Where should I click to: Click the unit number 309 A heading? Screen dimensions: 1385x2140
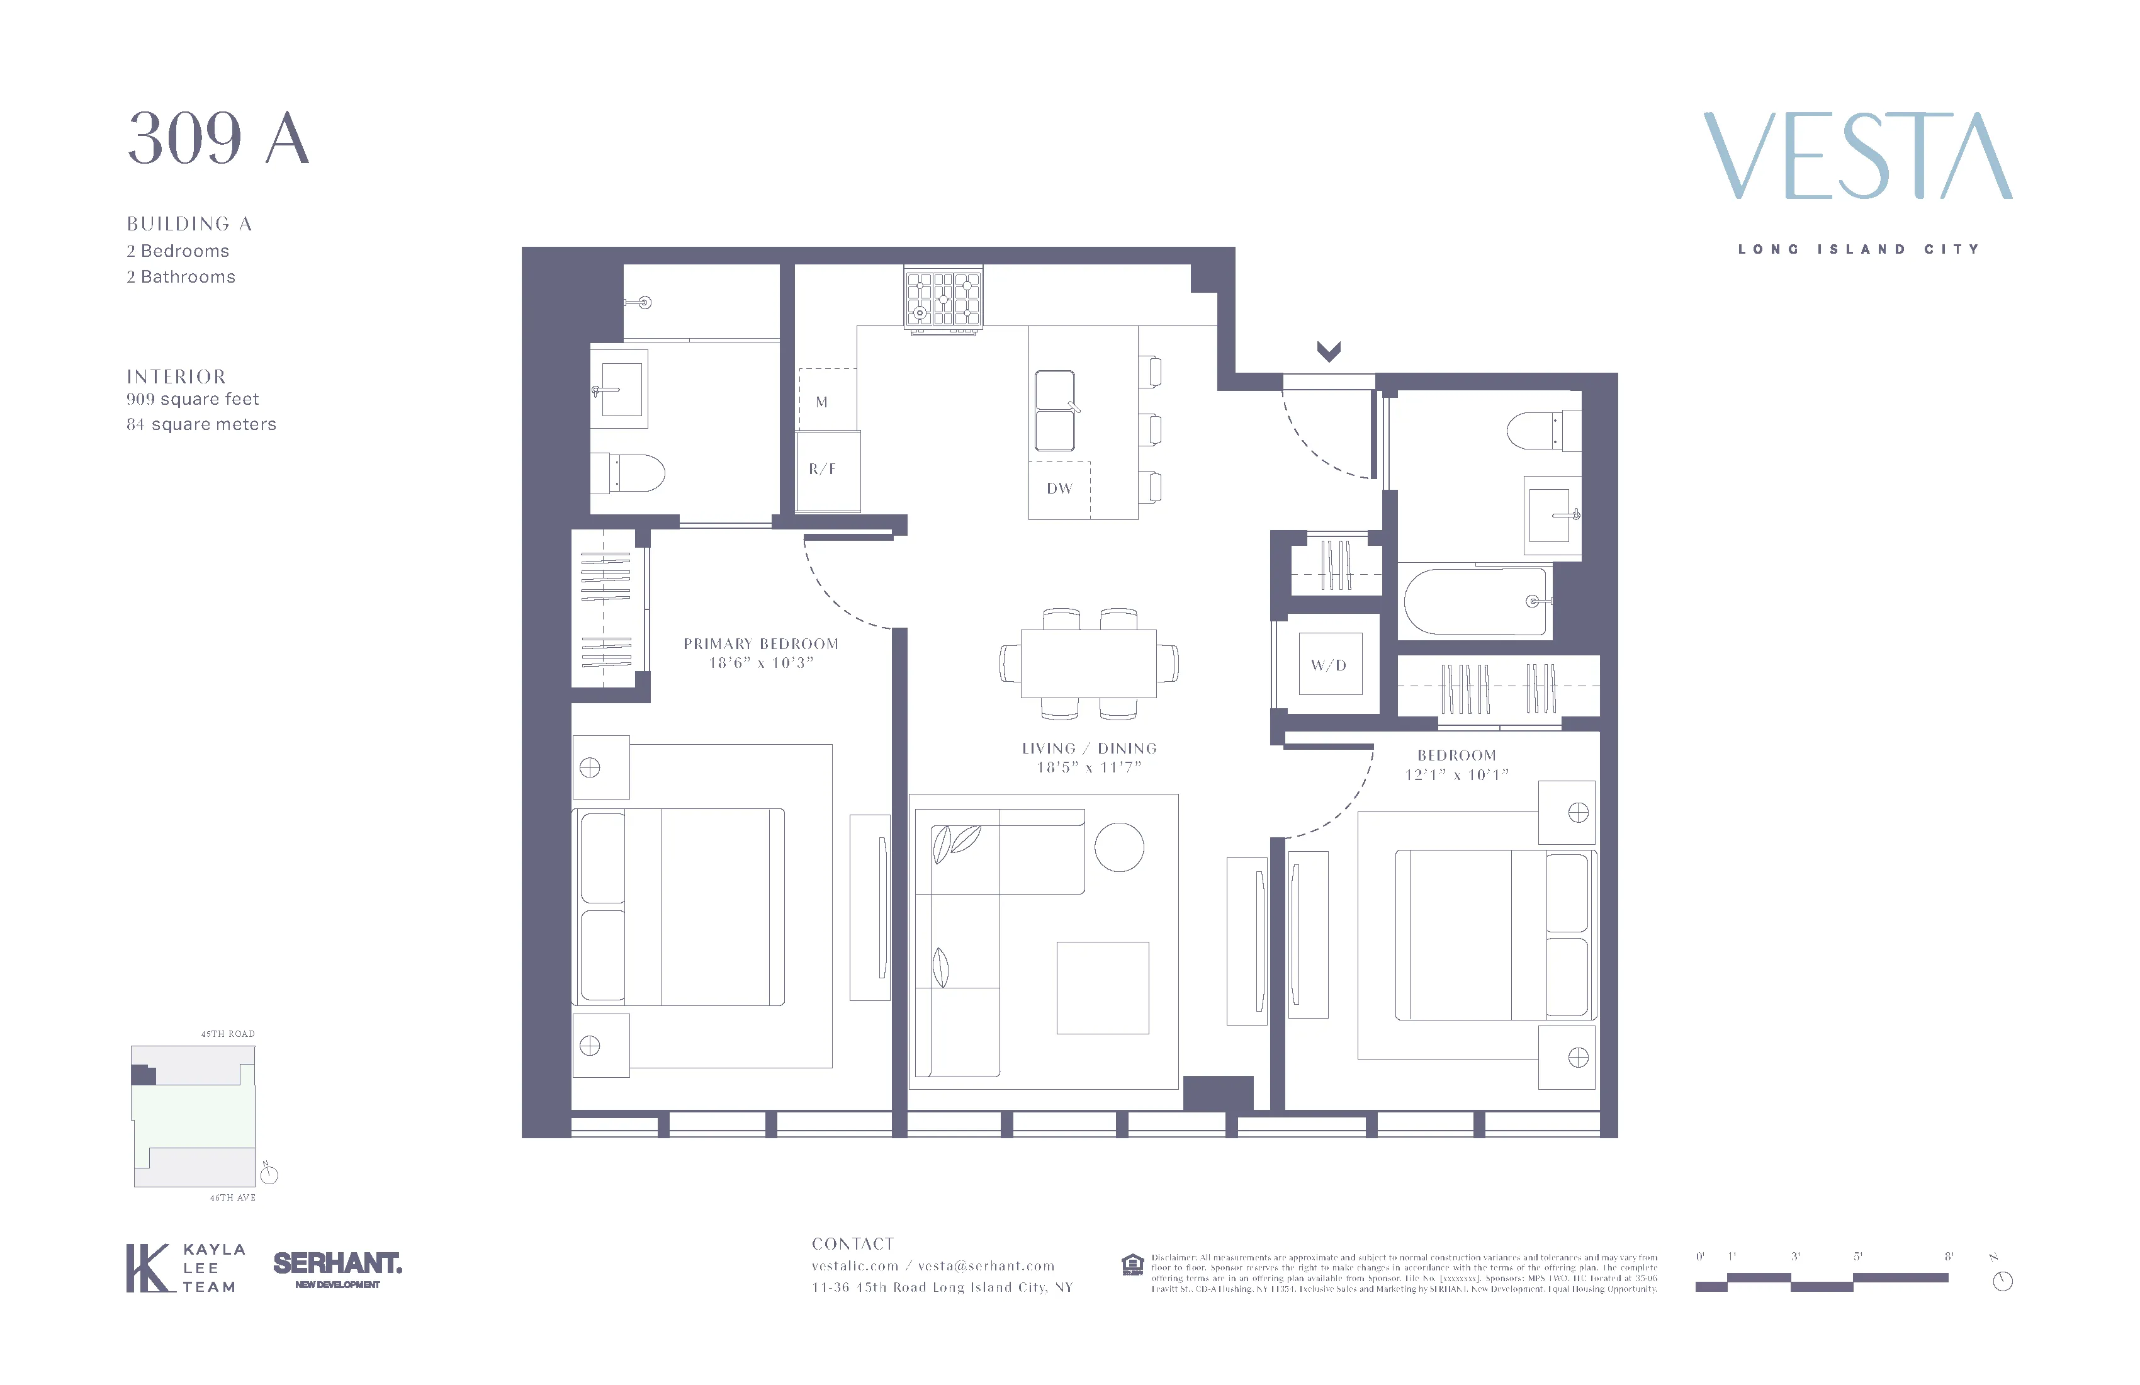(x=218, y=139)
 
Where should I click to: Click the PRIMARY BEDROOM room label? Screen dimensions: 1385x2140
(x=761, y=644)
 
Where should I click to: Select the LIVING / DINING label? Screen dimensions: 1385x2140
(x=1089, y=749)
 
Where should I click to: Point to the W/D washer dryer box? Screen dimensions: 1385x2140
(x=1329, y=665)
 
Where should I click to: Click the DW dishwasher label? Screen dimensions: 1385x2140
(x=1059, y=489)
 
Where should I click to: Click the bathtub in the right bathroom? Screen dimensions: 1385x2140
(x=1475, y=601)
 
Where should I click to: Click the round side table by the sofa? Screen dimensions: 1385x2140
(x=1120, y=847)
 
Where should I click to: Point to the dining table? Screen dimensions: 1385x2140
(x=1089, y=664)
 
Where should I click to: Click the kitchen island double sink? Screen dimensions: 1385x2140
(x=1055, y=411)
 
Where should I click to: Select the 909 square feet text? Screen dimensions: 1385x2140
(x=193, y=399)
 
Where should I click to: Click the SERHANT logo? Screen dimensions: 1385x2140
(x=337, y=1265)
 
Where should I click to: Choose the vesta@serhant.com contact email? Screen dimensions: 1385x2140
(x=986, y=1266)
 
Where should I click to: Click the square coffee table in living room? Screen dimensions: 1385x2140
(x=1102, y=988)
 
